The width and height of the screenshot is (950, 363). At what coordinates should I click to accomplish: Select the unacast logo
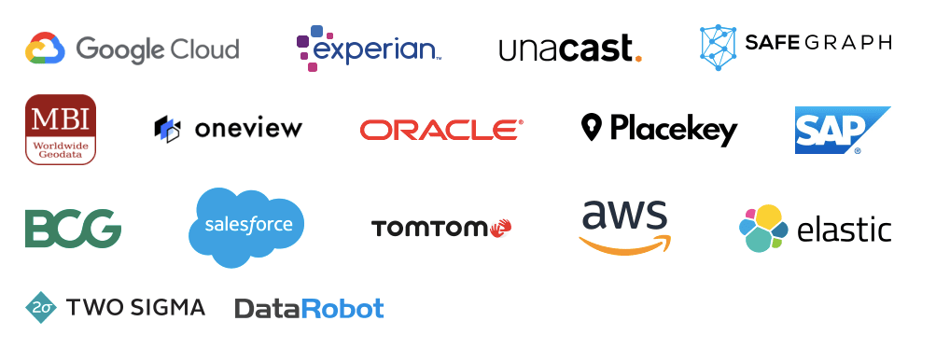pos(569,49)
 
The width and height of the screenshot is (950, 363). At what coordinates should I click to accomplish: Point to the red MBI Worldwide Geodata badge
pos(61,129)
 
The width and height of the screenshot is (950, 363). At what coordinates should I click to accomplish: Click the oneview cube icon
pos(166,130)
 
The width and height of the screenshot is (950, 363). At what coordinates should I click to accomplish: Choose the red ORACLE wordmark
pos(441,130)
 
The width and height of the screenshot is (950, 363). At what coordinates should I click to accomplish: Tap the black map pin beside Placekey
pos(591,127)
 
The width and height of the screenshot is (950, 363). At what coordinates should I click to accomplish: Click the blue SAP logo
pos(838,130)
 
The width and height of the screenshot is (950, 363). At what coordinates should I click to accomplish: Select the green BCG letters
pos(73,228)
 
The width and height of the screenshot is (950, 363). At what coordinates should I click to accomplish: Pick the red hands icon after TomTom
pos(500,227)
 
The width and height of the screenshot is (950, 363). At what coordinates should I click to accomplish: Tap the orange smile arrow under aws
pos(625,244)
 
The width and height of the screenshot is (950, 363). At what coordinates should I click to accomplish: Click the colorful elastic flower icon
pos(763,228)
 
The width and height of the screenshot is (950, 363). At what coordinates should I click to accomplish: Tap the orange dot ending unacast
pos(637,58)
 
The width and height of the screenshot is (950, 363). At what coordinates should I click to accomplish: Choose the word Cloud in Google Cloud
pos(197,49)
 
